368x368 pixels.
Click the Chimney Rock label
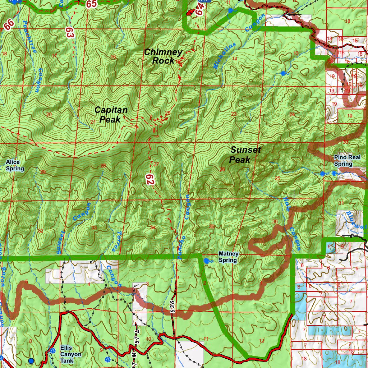click(x=163, y=56)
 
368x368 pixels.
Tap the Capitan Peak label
click(x=111, y=115)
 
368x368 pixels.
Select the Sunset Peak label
click(x=245, y=155)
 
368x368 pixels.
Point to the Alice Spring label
click(x=15, y=165)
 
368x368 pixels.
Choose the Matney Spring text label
click(x=228, y=257)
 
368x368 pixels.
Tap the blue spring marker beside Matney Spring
click(x=206, y=261)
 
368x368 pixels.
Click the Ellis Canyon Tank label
click(x=71, y=354)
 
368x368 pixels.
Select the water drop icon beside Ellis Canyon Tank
click(x=53, y=350)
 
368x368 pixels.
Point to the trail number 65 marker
click(x=91, y=4)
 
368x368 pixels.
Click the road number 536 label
click(x=173, y=306)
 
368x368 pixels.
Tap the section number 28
click(x=103, y=166)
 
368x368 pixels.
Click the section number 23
click(x=234, y=114)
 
